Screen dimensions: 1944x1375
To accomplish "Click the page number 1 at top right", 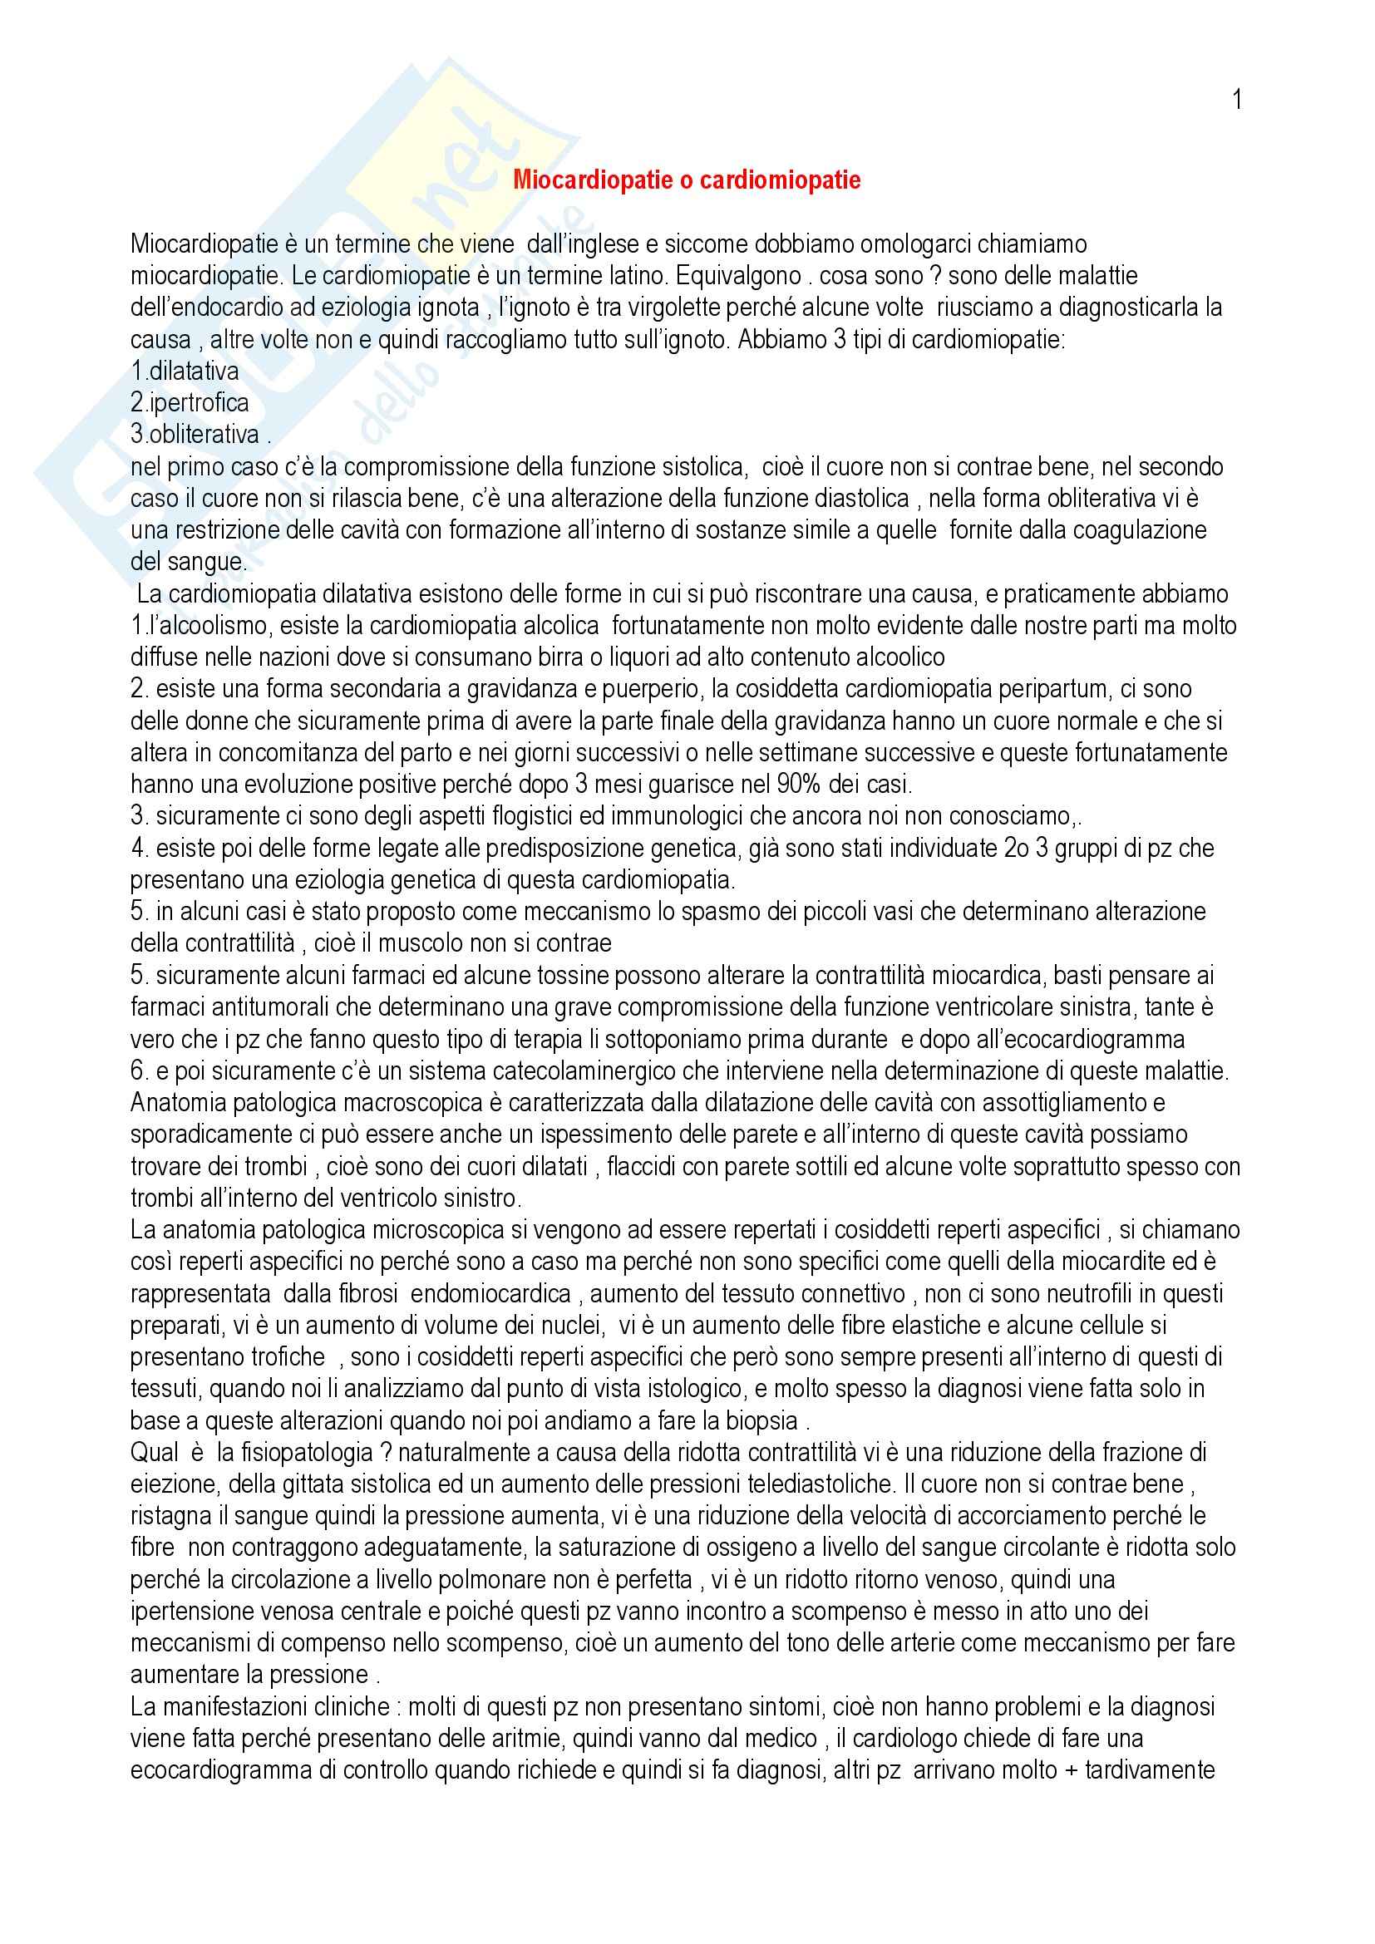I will pyautogui.click(x=1237, y=100).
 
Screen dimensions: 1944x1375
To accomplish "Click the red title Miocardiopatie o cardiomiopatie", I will pyautogui.click(x=687, y=180).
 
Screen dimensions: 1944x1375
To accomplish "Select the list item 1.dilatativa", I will pyautogui.click(x=185, y=372).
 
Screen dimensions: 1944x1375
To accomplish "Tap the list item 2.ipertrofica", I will pyautogui.click(x=190, y=403).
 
